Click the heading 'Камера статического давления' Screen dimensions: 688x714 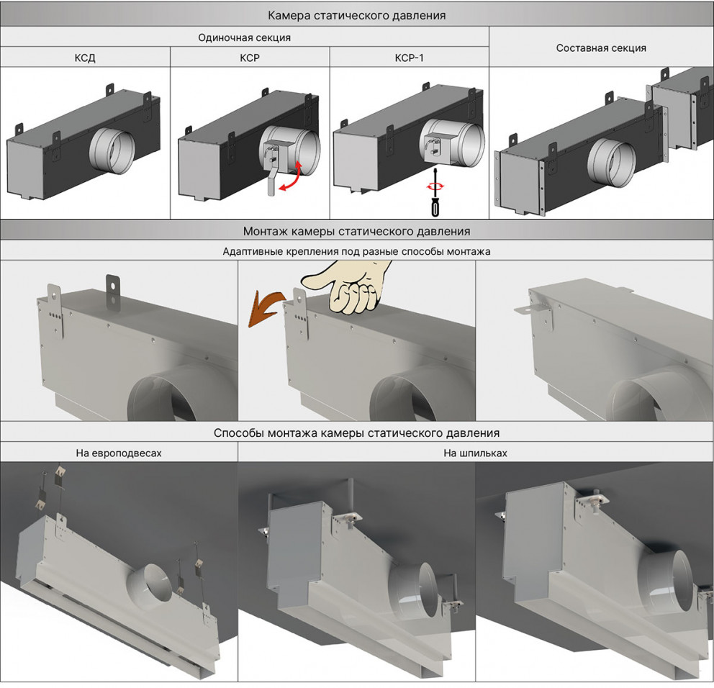click(356, 14)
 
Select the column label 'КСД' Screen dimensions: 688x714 click(85, 58)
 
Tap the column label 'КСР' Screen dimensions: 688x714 click(250, 58)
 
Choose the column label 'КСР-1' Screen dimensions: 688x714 click(410, 58)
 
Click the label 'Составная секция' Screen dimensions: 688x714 click(601, 48)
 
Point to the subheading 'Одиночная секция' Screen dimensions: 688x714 click(245, 37)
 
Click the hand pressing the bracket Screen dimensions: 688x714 click(352, 288)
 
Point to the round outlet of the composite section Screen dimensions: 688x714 click(607, 163)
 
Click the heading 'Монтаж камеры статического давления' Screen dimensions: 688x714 click(356, 232)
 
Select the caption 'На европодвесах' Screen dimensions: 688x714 click(119, 453)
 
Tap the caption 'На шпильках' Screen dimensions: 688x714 click(475, 453)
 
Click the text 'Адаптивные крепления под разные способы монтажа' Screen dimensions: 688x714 click(356, 252)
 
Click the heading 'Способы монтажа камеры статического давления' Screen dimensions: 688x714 click(356, 433)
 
